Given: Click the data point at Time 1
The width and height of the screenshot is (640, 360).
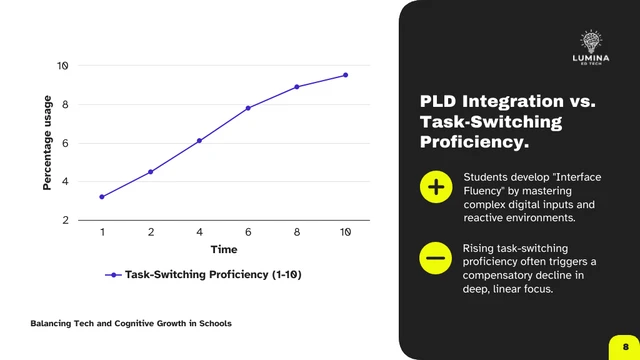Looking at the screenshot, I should [102, 197].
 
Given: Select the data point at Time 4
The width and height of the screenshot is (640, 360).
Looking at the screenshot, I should [199, 141].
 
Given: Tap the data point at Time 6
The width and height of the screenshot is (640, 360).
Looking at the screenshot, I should [248, 108].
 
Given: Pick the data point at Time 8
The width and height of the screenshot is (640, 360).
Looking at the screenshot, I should [297, 87].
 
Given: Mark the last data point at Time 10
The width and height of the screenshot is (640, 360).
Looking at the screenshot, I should [346, 75].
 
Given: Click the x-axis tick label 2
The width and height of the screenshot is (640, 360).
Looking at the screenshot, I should [151, 232].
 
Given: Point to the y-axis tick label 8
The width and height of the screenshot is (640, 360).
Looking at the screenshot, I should [65, 104].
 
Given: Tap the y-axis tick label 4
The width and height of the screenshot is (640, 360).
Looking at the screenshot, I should [65, 181].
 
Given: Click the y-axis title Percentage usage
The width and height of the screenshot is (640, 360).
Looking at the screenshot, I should [47, 142].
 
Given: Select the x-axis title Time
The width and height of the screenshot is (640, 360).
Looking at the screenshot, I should [224, 249].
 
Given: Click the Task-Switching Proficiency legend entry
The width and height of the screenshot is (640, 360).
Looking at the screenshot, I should [205, 274].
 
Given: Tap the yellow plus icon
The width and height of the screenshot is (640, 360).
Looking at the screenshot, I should [436, 187].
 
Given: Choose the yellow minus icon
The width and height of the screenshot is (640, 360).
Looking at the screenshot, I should [436, 259].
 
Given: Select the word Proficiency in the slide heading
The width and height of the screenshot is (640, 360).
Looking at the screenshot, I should [473, 143].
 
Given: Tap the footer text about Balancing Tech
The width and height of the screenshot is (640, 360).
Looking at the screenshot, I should [131, 323].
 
